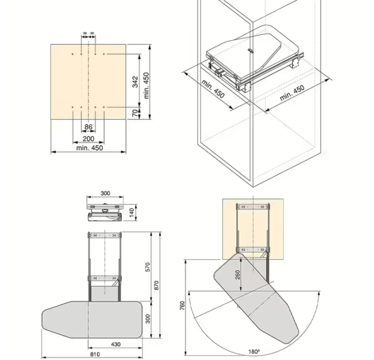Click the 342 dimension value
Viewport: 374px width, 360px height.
(135, 82)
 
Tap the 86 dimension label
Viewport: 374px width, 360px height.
(88, 127)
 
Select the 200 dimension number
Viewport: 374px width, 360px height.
(88, 139)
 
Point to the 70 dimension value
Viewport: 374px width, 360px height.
(135, 113)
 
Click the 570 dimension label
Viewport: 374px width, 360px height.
(147, 267)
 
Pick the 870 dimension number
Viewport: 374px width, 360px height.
(156, 285)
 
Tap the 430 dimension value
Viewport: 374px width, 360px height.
(116, 345)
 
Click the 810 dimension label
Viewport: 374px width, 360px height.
(95, 354)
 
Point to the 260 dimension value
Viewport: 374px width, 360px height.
(237, 275)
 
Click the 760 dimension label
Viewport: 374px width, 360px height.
(182, 306)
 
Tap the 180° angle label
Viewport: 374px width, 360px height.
(254, 351)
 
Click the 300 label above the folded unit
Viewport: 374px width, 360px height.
(105, 193)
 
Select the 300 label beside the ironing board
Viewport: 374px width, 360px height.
(147, 319)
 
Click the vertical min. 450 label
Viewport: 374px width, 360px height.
(146, 85)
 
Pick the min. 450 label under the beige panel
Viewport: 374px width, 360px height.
(89, 148)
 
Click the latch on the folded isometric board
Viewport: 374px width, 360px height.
(250, 51)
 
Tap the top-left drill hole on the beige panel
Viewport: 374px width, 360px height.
(73, 54)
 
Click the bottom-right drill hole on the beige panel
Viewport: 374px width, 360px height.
(104, 107)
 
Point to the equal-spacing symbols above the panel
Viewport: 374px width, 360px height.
(88, 33)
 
